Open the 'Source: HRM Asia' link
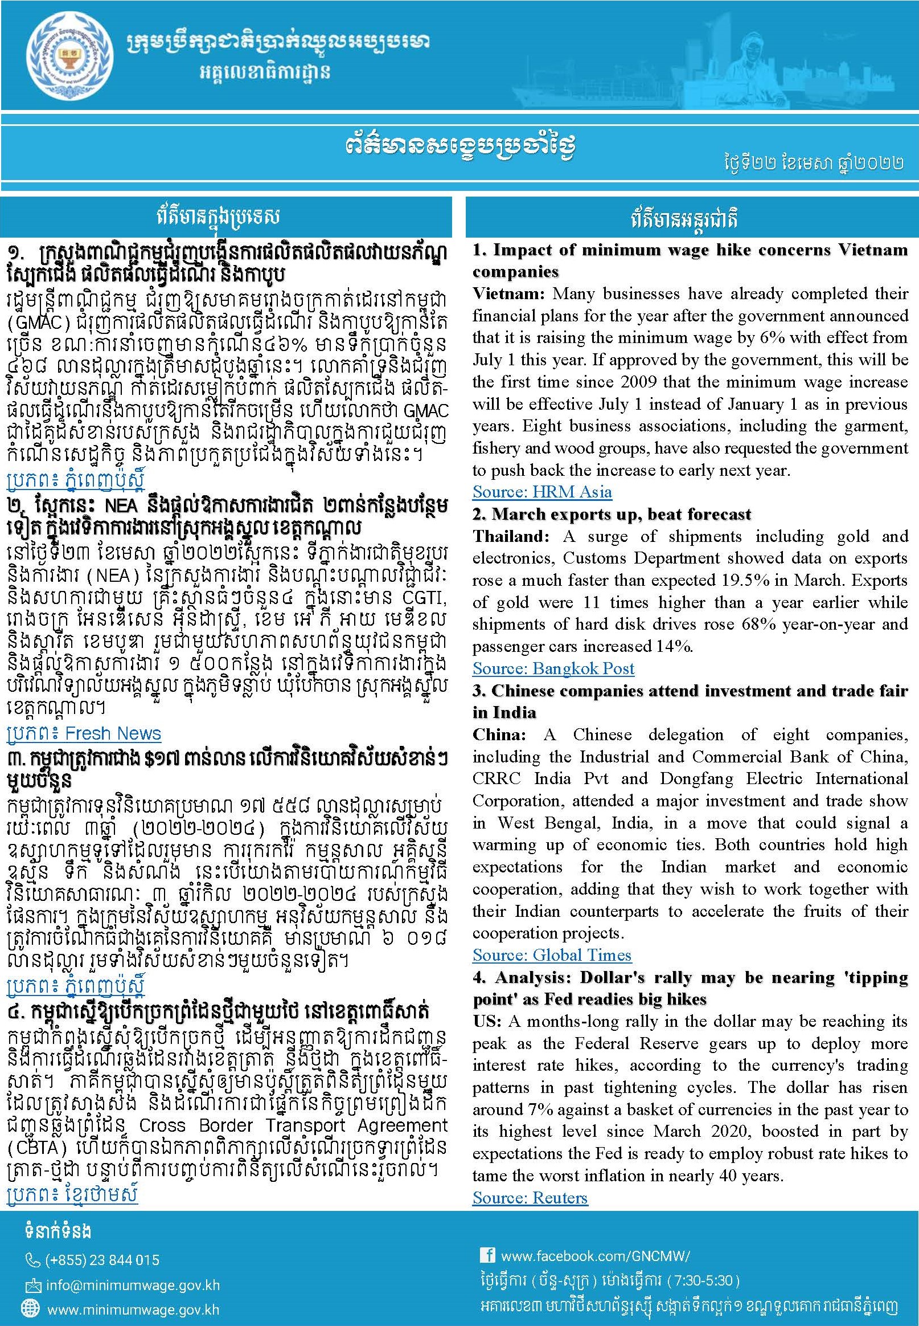pos(542,492)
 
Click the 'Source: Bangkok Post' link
pos(553,668)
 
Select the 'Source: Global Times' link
pos(552,956)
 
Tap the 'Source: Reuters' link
pos(530,1198)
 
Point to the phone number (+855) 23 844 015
pos(102,1260)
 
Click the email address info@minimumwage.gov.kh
pos(132,1285)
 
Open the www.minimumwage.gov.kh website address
pos(133,1310)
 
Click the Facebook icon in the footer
pos(487,1255)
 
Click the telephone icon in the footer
pos(33,1261)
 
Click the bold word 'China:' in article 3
pos(499,735)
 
